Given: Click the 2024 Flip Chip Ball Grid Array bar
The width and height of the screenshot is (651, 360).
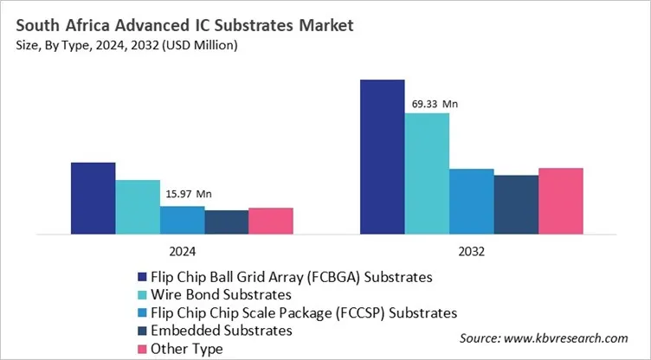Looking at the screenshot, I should pos(93,198).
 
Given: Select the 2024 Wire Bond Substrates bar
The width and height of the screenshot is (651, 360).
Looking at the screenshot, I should pos(138,207).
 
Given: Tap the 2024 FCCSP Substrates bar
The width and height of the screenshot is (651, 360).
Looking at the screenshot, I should pos(182,220).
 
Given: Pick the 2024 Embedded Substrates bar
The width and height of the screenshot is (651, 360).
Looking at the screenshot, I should pos(227,222).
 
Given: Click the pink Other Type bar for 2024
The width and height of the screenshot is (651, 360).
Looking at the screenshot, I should pos(271,221).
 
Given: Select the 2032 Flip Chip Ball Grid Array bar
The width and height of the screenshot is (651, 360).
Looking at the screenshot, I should pos(382,157).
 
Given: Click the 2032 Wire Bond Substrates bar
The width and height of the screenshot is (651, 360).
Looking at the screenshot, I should pos(427,173).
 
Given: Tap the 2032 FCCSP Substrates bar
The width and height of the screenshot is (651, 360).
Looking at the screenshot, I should pos(471,201).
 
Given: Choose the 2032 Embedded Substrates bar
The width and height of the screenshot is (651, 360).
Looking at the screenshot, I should pos(516,204).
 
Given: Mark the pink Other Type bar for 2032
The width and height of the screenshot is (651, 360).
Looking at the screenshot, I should pos(560,201).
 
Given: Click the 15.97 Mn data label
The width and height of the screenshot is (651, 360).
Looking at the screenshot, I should pos(188,195).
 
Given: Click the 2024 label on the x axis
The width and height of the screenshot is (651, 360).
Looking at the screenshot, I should pos(182,252).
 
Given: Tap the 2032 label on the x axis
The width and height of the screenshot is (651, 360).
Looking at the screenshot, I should pos(471,252).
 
